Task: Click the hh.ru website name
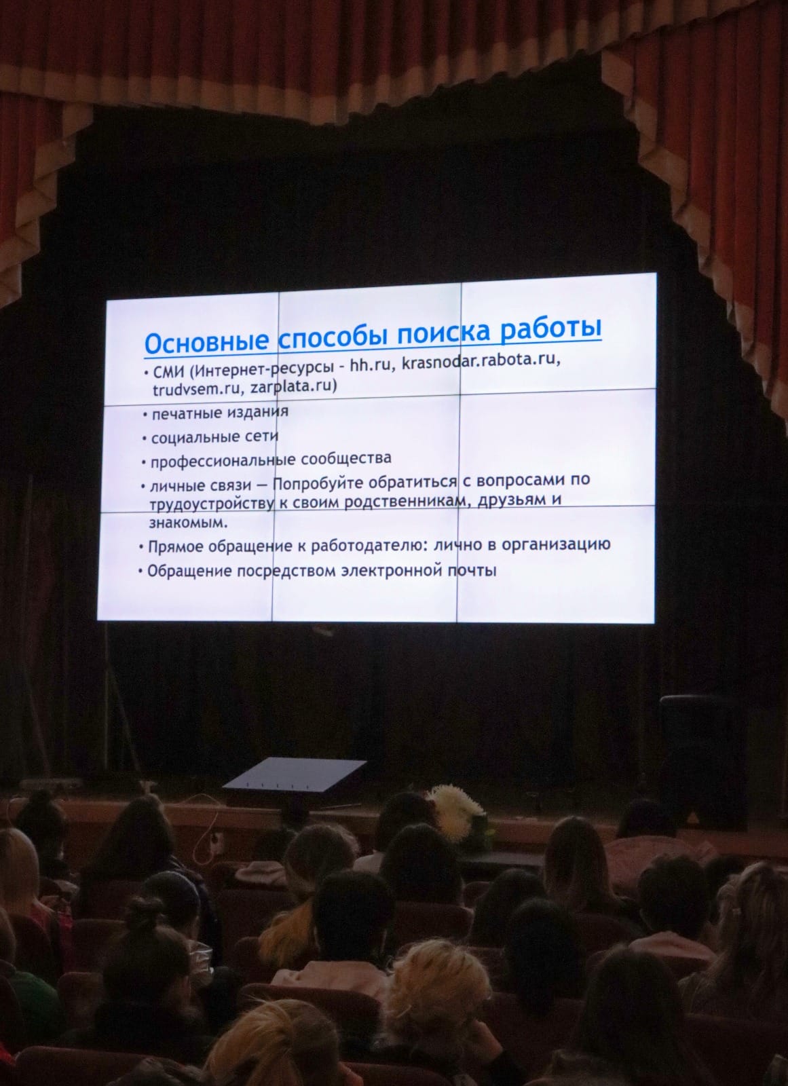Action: (370, 365)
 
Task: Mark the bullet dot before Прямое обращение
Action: (141, 548)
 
